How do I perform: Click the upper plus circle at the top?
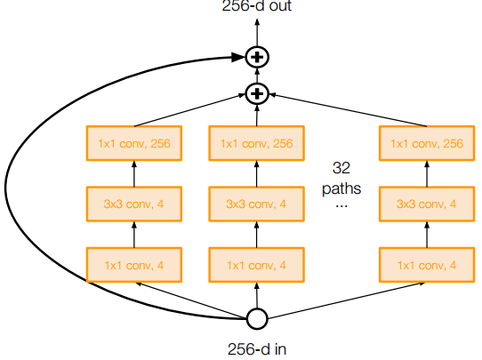pyautogui.click(x=257, y=58)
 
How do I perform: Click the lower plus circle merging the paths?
pyautogui.click(x=257, y=92)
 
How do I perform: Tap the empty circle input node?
pyautogui.click(x=257, y=318)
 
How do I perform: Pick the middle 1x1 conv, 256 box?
pyautogui.click(x=257, y=143)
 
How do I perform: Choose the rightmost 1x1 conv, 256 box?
pyautogui.click(x=427, y=143)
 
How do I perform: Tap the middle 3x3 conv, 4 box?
pyautogui.click(x=257, y=204)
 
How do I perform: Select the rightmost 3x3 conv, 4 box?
pyautogui.click(x=427, y=204)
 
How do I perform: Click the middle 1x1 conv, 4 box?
pyautogui.click(x=257, y=265)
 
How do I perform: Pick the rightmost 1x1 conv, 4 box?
pyautogui.click(x=427, y=265)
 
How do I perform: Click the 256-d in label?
pyautogui.click(x=257, y=348)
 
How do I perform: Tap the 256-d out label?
pyautogui.click(x=257, y=6)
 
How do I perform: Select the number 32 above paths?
pyautogui.click(x=341, y=167)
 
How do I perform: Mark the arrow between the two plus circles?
pyautogui.click(x=257, y=76)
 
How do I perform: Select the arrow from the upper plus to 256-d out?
pyautogui.click(x=257, y=31)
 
